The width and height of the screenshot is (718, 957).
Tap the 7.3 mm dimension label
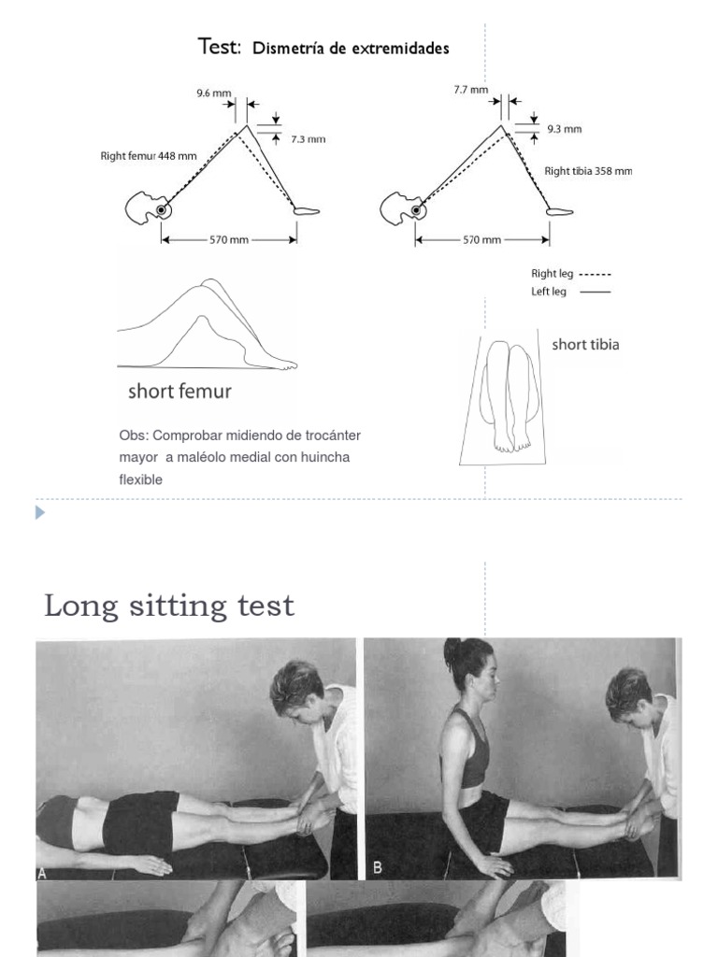click(x=308, y=139)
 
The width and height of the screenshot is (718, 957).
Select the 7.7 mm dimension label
click(x=470, y=91)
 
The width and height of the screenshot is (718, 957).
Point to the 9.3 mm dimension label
click(x=566, y=129)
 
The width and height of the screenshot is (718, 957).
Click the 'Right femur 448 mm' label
click(x=149, y=156)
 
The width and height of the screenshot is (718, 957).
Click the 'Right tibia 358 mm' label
click(x=588, y=171)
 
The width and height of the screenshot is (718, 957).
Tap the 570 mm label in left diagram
click(x=228, y=240)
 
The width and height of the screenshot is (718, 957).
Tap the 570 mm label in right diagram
click(x=482, y=240)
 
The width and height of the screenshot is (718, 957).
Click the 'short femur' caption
click(x=179, y=392)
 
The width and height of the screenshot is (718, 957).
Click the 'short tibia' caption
click(x=585, y=345)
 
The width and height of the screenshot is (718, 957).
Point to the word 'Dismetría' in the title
click(x=285, y=49)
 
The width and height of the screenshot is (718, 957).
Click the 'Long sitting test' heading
click(x=169, y=606)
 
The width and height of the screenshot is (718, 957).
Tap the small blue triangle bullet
click(x=40, y=512)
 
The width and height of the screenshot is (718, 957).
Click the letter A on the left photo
click(x=43, y=872)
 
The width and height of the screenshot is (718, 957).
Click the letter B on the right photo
click(x=378, y=867)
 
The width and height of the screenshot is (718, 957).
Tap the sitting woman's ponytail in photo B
click(x=453, y=650)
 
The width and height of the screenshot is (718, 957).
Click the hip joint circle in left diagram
click(x=162, y=211)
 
